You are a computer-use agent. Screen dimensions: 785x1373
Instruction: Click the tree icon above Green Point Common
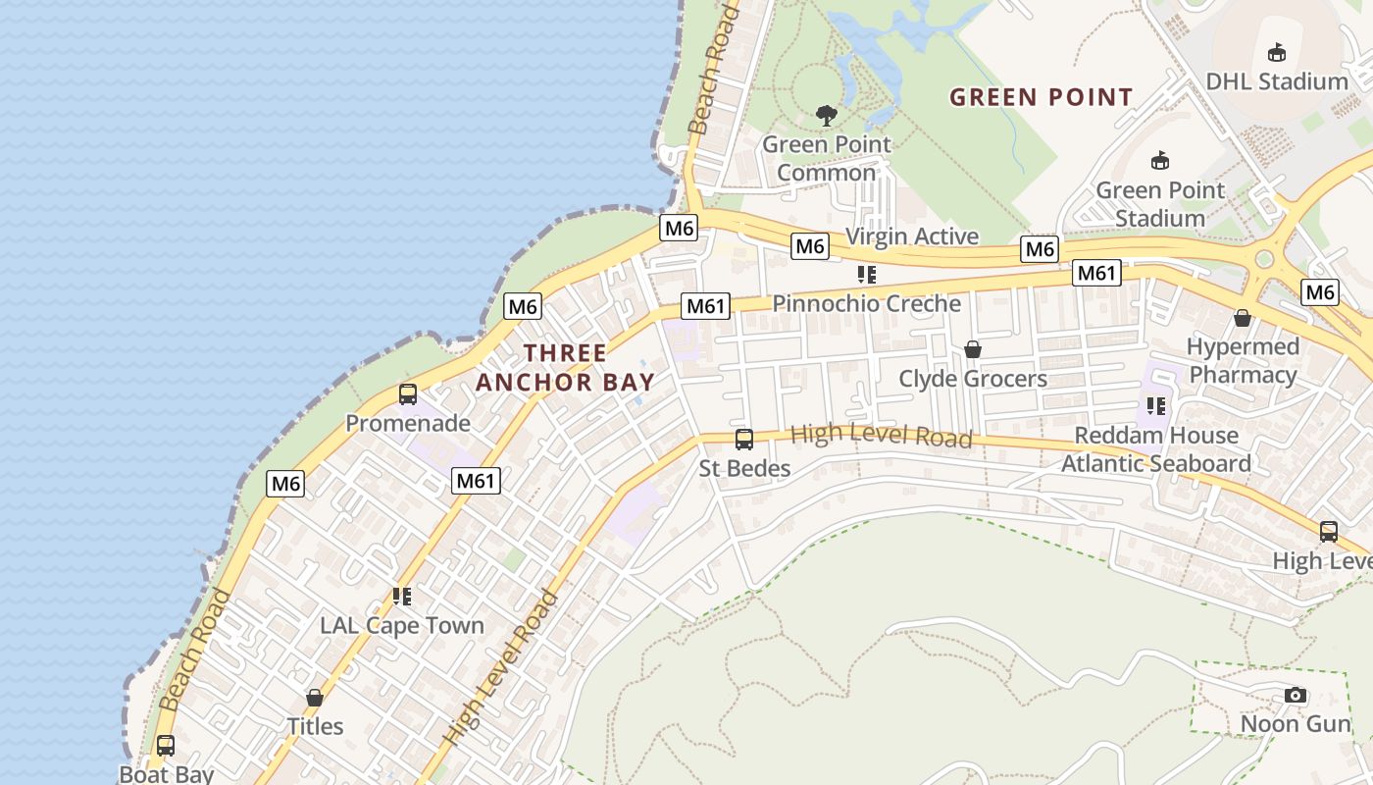(x=827, y=115)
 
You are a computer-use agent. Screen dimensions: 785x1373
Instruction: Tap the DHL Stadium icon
(x=1277, y=52)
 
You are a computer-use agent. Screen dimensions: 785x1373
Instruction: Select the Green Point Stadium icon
(x=1160, y=160)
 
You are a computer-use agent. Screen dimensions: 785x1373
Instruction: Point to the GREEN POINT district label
(x=1042, y=97)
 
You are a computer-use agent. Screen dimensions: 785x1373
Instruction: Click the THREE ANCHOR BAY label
(x=565, y=367)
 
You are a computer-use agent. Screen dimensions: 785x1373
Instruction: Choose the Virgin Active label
(x=912, y=236)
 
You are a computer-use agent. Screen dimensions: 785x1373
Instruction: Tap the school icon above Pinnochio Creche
(x=866, y=274)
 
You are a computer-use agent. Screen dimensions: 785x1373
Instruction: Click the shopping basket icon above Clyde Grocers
(x=973, y=349)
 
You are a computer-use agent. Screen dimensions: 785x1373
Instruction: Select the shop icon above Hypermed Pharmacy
(x=1243, y=318)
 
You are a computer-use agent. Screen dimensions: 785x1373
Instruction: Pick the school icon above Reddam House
(x=1156, y=405)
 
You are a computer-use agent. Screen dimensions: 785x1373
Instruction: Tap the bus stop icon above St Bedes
(x=744, y=439)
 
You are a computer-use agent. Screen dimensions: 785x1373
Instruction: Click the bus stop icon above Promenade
(x=408, y=394)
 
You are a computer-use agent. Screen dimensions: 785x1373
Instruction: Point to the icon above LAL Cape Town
(x=401, y=596)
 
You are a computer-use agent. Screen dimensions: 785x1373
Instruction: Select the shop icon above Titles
(x=315, y=698)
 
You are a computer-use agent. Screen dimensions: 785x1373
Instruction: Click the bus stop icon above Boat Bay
(x=166, y=745)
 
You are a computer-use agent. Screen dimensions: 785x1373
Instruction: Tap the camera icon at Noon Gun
(x=1296, y=696)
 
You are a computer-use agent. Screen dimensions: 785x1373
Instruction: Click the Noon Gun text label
(x=1296, y=724)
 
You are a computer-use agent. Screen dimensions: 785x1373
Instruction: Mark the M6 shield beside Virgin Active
(x=810, y=246)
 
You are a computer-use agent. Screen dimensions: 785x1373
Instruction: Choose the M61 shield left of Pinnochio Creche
(x=706, y=306)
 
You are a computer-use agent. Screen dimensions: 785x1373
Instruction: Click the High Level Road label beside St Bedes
(x=881, y=435)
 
